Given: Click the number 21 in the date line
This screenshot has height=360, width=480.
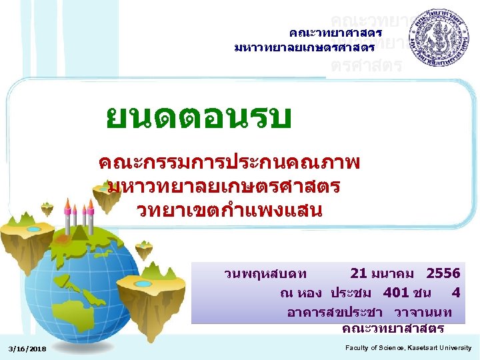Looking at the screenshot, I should coord(359,273).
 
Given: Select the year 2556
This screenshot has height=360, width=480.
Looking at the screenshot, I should coord(444,273).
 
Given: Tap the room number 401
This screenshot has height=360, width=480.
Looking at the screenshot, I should coord(397,293).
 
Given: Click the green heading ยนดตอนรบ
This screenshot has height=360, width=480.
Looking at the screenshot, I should coord(199,119).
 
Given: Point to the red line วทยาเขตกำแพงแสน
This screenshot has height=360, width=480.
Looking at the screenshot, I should coord(230,210).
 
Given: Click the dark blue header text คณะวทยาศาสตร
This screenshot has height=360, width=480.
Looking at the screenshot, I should coord(335,32).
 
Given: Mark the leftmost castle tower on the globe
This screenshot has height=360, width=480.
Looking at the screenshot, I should coord(66,213).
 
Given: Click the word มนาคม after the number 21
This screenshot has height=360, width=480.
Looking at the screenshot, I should coord(396,273).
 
